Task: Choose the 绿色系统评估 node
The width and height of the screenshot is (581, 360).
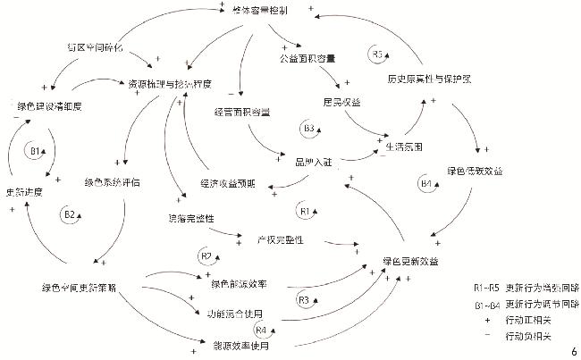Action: pos(113,181)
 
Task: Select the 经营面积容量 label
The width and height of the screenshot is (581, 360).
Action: pos(243,113)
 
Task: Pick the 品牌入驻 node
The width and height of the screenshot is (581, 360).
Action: pos(313,162)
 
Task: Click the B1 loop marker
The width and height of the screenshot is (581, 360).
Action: pos(38,151)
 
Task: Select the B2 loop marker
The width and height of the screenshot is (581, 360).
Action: pos(69,215)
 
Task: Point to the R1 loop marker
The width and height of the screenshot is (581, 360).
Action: pos(304,211)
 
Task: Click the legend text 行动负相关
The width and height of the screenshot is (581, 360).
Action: pos(528,336)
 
